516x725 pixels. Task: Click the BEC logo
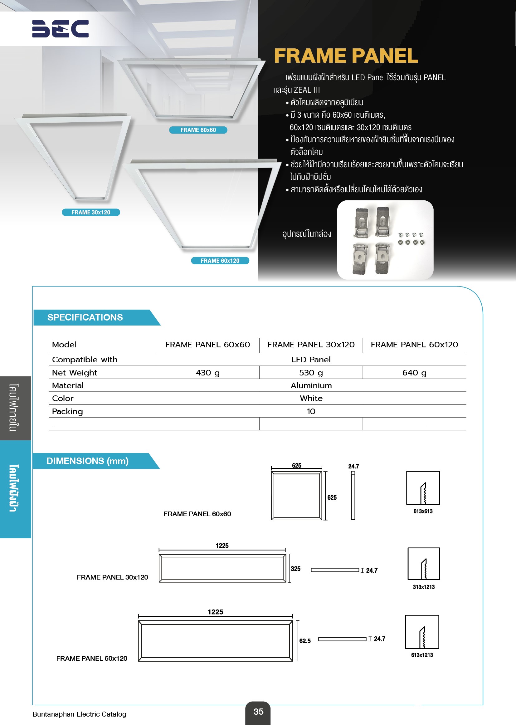tap(61, 29)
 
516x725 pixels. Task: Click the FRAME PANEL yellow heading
tap(346, 56)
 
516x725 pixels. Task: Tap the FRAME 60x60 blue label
tap(198, 130)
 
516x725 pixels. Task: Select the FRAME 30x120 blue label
tap(91, 212)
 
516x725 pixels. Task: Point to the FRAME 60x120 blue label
tap(220, 261)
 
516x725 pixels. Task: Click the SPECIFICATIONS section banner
tap(85, 317)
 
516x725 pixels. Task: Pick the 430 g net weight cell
tap(207, 373)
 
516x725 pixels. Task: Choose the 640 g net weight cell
tap(414, 373)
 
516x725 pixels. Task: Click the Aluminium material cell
tap(311, 385)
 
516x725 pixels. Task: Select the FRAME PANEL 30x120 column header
tap(311, 345)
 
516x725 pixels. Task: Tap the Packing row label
tap(67, 411)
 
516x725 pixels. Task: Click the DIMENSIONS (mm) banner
tap(87, 461)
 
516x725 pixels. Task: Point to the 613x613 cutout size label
tap(423, 511)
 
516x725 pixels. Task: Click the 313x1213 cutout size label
tap(424, 587)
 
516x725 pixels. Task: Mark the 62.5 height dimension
tap(305, 641)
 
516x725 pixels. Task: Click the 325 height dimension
tap(295, 569)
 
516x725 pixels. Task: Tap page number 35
tap(258, 711)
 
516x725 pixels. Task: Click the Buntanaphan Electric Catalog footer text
tap(80, 714)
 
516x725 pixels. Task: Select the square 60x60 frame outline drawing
tap(296, 496)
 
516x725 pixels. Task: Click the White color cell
tap(311, 398)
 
